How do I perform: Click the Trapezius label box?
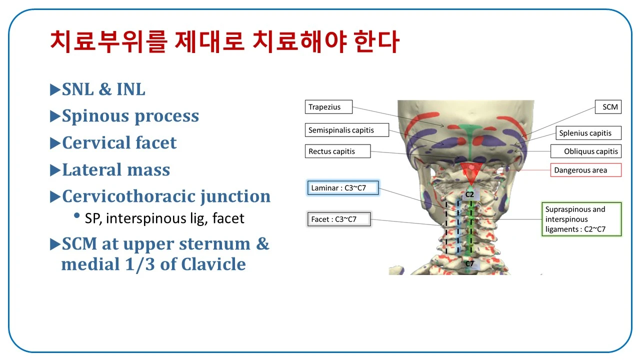pos(328,107)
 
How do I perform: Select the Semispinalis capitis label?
pos(347,130)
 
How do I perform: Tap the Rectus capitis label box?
pos(337,151)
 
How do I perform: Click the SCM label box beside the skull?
pos(608,107)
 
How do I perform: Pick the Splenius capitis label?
pos(588,133)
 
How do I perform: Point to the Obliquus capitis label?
pos(586,151)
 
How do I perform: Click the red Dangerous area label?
pos(586,170)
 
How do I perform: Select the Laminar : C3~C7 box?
pos(343,187)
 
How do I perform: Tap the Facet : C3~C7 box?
pos(339,219)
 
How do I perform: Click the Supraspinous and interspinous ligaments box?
pos(581,219)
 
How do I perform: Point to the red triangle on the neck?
pos(471,172)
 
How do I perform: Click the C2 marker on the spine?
pos(469,194)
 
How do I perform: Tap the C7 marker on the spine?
pos(469,263)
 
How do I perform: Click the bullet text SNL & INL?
pos(103,89)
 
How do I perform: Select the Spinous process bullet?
pos(130,116)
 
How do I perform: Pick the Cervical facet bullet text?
pos(119,142)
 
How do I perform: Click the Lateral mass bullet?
pos(115,169)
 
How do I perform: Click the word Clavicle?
pos(213,263)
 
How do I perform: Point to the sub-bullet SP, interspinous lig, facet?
pos(164,218)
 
